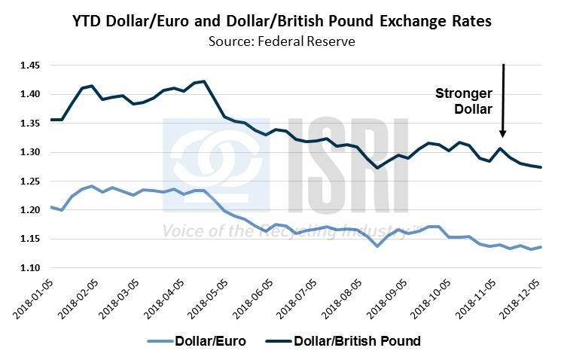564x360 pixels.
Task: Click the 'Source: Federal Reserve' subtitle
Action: coord(282,41)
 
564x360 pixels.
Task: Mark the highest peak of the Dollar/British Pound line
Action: coord(205,81)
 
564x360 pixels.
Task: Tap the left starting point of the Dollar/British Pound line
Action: coord(50,119)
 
